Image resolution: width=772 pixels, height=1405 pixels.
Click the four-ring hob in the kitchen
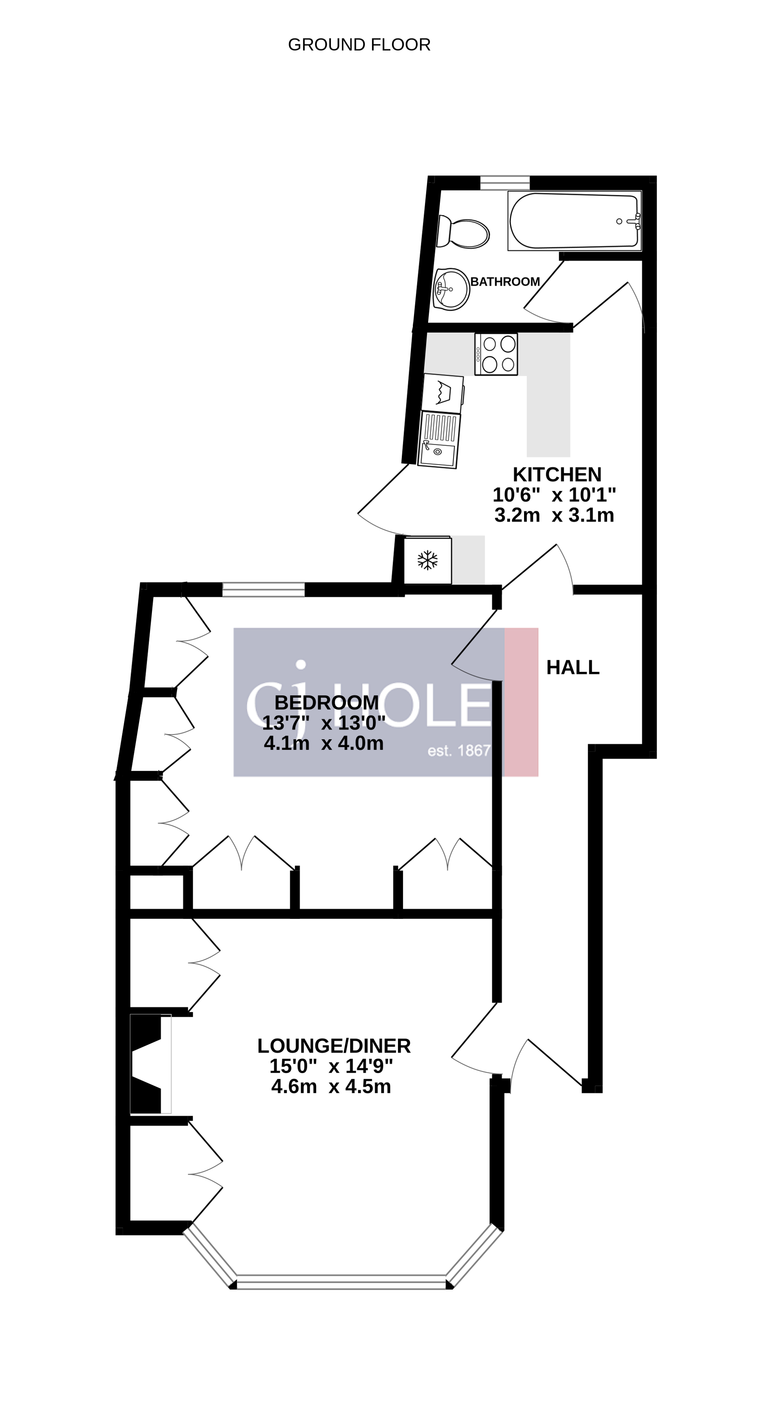click(496, 354)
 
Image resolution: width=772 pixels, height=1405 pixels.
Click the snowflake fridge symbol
click(428, 560)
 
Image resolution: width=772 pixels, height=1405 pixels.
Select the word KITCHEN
click(556, 474)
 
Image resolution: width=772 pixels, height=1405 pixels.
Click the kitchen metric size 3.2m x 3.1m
click(554, 515)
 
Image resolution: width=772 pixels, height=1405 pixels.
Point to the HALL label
click(573, 668)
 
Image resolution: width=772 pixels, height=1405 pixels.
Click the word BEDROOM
click(326, 703)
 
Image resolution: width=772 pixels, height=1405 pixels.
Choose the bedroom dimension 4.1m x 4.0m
click(323, 743)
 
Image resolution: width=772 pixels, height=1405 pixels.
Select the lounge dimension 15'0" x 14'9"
click(331, 1066)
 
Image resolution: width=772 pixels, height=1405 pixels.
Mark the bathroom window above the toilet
click(505, 183)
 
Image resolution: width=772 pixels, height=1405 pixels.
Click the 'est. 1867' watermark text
click(459, 751)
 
